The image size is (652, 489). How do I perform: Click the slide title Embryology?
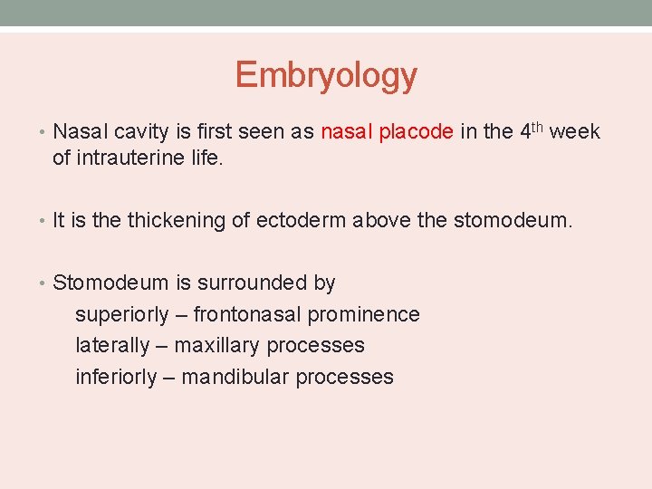326,75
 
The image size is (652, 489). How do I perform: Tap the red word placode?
416,132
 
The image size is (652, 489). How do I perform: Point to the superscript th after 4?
538,127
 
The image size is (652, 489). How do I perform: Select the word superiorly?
122,314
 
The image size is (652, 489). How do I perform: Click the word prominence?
364,314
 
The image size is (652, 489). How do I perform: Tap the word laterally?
112,345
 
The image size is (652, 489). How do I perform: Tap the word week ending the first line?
574,132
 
